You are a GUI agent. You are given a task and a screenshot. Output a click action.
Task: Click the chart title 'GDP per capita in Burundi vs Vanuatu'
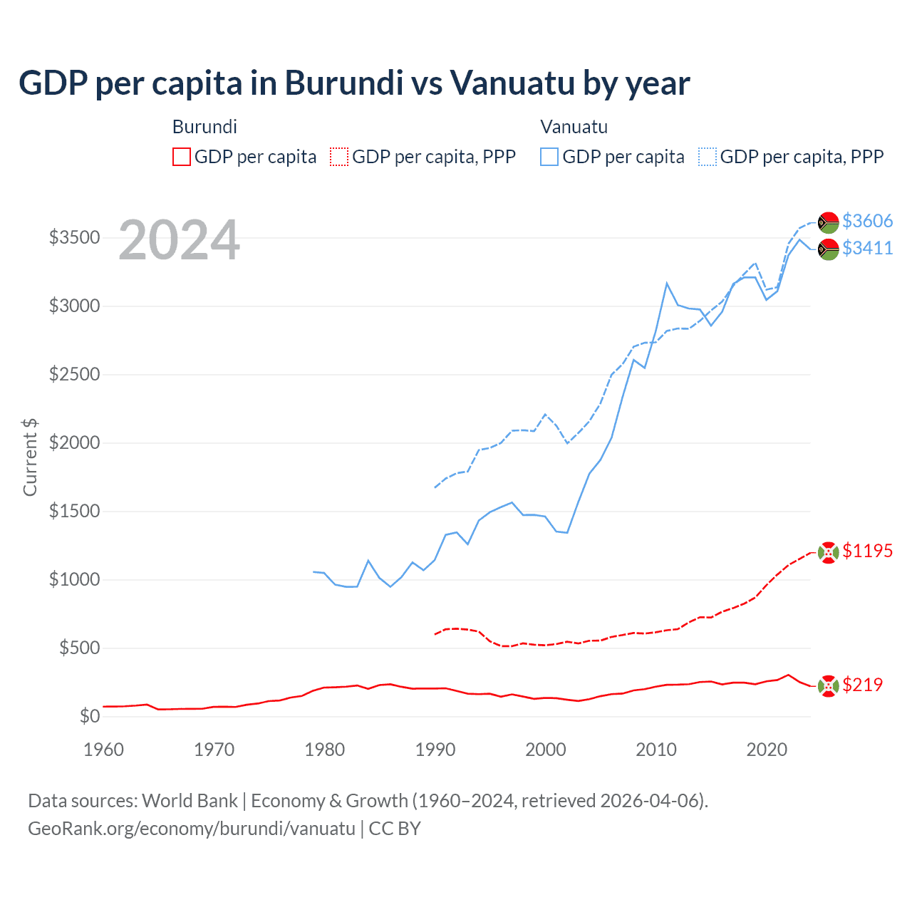coord(353,83)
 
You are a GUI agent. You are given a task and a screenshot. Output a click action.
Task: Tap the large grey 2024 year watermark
coord(179,240)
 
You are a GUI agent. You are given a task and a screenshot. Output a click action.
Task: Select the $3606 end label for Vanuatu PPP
coord(867,221)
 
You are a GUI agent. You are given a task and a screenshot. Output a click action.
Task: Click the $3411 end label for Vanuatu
coord(867,248)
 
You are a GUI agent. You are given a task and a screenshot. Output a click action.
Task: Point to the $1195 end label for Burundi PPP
coord(867,551)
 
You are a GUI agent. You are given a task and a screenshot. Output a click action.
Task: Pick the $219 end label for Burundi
coord(862,685)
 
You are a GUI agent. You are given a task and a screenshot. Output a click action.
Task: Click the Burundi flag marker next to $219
coord(828,686)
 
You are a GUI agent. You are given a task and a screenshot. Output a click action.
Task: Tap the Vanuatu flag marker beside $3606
coord(828,222)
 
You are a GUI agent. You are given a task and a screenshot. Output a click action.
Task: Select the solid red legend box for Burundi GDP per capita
coord(182,157)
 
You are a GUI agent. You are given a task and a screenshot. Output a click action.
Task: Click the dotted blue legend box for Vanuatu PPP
coord(708,157)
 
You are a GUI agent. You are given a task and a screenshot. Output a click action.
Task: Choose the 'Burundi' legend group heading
coord(204,127)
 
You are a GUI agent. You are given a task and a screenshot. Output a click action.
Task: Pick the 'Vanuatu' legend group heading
coord(574,127)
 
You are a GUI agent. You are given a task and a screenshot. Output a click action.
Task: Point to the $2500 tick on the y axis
coord(74,374)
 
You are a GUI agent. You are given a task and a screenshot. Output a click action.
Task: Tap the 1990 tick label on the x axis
coord(435,750)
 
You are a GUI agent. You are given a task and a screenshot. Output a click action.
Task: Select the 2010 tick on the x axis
coord(655,750)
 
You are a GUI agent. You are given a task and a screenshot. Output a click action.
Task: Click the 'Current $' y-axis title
coord(30,457)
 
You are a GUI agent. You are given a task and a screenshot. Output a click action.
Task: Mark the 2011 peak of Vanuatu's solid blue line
coord(667,284)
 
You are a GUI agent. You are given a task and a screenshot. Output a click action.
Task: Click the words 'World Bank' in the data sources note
coord(190,801)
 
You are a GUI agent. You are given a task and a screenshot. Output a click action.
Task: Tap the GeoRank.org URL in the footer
coord(191,829)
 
